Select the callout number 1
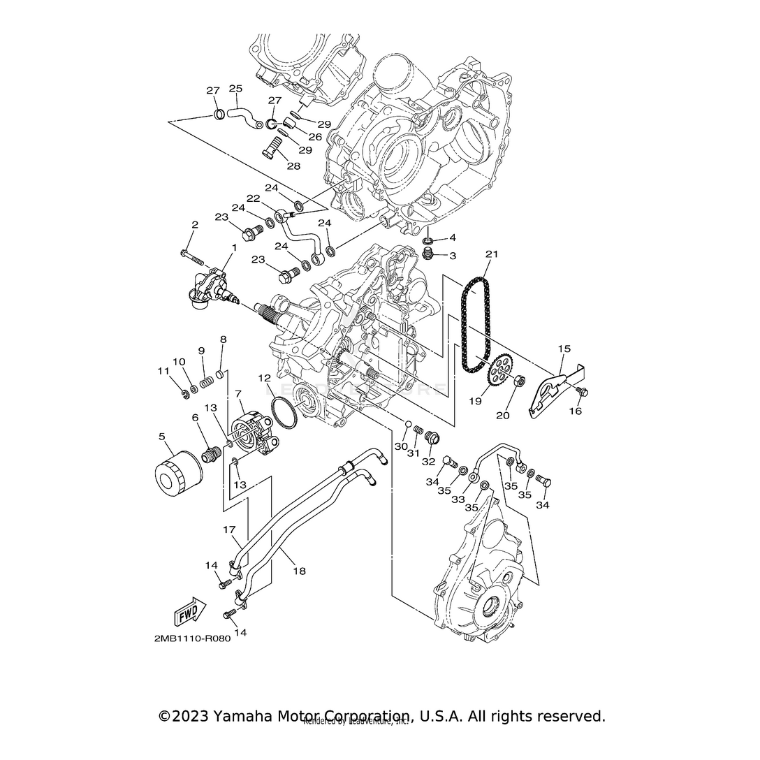click(x=234, y=247)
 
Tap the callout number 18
click(x=299, y=571)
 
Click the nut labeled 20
click(x=519, y=381)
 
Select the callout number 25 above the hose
click(x=235, y=89)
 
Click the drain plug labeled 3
click(x=432, y=254)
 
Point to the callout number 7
click(x=238, y=395)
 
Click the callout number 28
click(x=293, y=166)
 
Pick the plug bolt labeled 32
click(x=431, y=439)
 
